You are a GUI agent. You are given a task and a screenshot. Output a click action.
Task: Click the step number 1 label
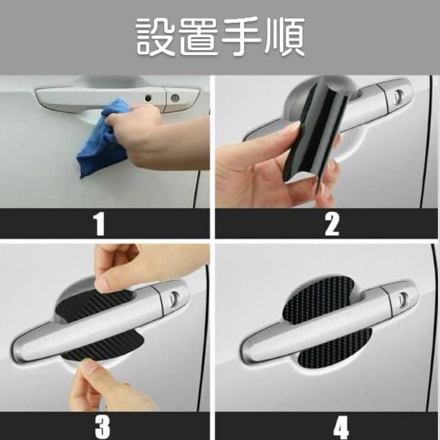click(x=100, y=224)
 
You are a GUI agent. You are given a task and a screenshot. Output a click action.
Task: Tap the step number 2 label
click(x=332, y=224)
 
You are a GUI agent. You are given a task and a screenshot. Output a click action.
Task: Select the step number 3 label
click(x=102, y=427)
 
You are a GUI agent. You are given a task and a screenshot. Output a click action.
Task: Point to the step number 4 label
click(x=341, y=427)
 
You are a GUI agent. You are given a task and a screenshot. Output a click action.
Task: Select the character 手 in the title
click(x=241, y=36)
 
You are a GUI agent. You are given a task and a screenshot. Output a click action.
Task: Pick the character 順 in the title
click(x=285, y=36)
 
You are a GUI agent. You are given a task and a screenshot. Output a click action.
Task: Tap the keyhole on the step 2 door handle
click(x=398, y=96)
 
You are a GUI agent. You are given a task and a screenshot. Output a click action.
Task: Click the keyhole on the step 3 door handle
click(x=174, y=298)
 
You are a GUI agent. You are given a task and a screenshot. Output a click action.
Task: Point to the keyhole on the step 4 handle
click(x=404, y=298)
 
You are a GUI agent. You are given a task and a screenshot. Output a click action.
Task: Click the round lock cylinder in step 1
click(x=175, y=98)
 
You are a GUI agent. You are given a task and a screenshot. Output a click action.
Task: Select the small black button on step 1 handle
click(x=148, y=98)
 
